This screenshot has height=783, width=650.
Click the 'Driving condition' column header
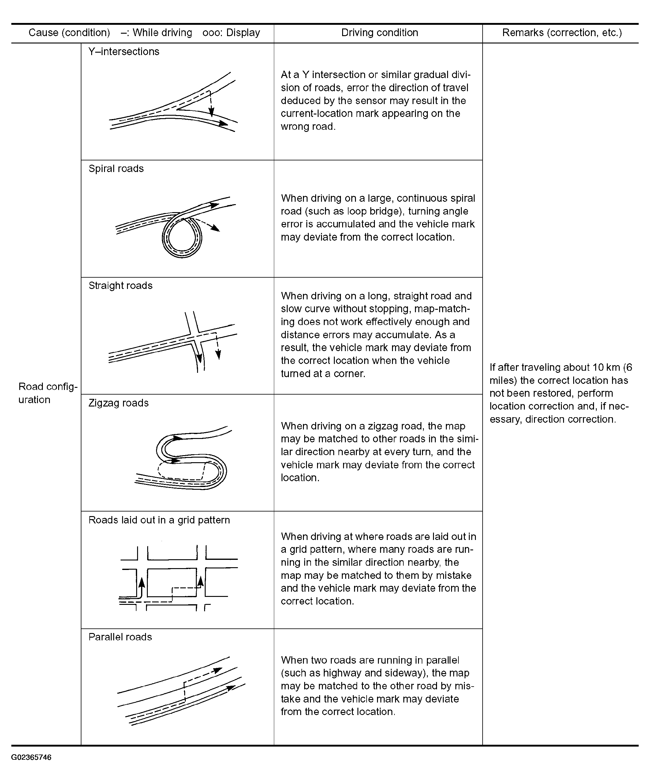(x=379, y=33)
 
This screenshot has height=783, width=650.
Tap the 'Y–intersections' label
(x=124, y=51)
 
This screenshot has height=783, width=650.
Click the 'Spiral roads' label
(x=116, y=169)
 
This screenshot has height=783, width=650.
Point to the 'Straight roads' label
(x=120, y=286)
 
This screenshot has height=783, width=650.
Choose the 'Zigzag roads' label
(x=118, y=403)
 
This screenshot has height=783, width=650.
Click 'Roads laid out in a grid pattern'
(x=159, y=520)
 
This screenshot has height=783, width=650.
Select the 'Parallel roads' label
(x=120, y=637)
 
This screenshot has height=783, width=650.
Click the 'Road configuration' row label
(x=48, y=393)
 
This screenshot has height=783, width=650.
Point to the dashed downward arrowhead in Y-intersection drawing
(x=211, y=111)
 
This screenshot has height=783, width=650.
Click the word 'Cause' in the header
(x=43, y=33)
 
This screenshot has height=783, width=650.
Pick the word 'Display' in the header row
(x=243, y=33)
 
